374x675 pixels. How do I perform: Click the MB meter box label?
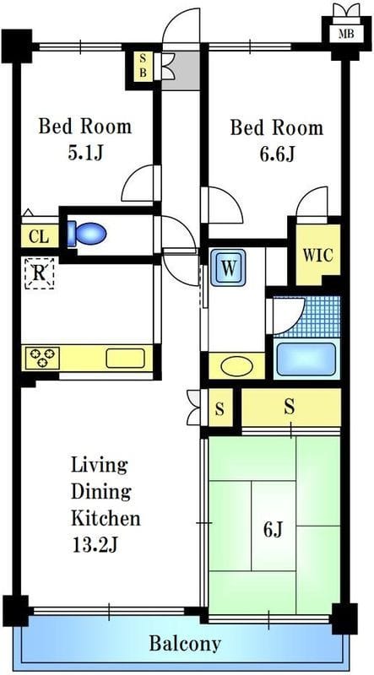[346, 34]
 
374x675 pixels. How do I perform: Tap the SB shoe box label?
[143, 66]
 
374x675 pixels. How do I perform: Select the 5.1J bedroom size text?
[85, 154]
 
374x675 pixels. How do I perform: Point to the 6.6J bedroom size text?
[277, 154]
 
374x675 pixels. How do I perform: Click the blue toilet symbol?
[87, 235]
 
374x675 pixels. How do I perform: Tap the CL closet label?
[39, 237]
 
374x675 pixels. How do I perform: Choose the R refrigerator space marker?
[39, 273]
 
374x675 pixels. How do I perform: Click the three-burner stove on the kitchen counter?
[42, 358]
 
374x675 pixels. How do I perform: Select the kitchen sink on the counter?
[125, 358]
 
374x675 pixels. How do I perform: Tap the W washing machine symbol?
[228, 267]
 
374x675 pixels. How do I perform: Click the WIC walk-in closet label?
[317, 256]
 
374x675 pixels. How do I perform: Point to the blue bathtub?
[306, 359]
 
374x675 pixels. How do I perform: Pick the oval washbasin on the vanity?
[236, 367]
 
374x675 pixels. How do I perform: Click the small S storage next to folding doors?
[220, 408]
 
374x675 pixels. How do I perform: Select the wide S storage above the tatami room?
[290, 407]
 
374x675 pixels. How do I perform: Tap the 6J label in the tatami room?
[273, 531]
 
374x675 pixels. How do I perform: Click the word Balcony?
[185, 645]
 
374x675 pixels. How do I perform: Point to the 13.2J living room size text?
[95, 545]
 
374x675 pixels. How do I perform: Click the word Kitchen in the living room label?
[106, 518]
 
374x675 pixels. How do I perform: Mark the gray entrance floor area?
[181, 71]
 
